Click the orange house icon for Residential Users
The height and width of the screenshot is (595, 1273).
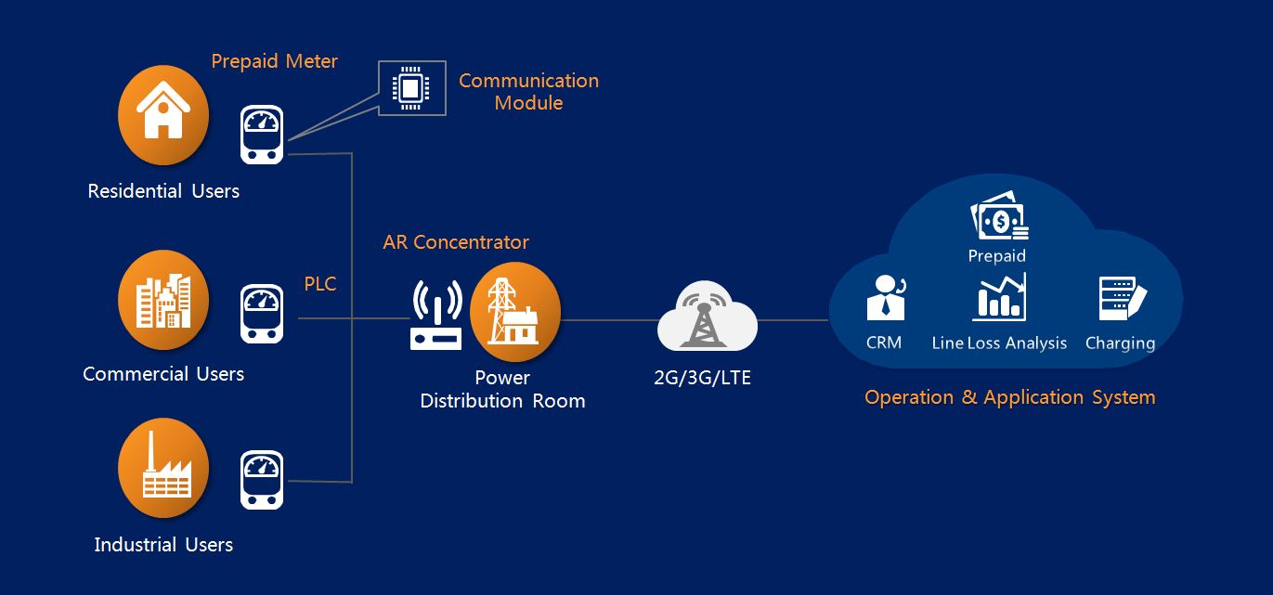[x=163, y=115]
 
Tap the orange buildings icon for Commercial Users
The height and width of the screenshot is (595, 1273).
[x=163, y=300]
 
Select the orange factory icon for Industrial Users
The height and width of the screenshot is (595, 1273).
[x=163, y=469]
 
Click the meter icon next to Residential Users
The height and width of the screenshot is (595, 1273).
[x=262, y=136]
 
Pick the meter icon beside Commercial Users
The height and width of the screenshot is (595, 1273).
[x=262, y=315]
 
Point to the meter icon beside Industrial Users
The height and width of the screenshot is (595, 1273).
[x=262, y=480]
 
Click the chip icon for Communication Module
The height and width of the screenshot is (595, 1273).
[x=411, y=89]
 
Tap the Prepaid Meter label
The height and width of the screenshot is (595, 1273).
[x=274, y=61]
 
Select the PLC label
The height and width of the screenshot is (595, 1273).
[x=320, y=284]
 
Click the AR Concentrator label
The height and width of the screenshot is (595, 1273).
[x=456, y=242]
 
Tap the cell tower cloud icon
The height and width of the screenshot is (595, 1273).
[x=708, y=318]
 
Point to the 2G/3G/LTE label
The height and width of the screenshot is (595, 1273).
[x=702, y=379]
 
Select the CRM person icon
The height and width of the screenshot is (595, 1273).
[x=885, y=297]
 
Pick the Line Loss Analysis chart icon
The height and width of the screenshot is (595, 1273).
[x=999, y=298]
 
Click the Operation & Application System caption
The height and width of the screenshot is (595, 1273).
[x=1009, y=397]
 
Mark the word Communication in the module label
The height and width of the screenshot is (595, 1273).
[x=528, y=81]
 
